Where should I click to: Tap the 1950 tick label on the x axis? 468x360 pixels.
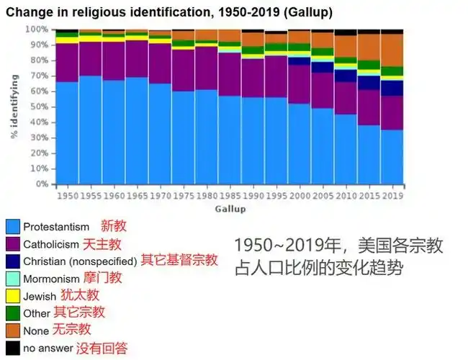click(x=66, y=195)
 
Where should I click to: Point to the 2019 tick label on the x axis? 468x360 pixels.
click(x=392, y=195)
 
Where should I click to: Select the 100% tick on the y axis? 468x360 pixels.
click(x=37, y=30)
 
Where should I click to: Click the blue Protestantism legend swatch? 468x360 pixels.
click(x=12, y=226)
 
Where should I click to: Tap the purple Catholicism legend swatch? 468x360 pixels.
click(x=12, y=243)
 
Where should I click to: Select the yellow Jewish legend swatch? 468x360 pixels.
click(x=12, y=296)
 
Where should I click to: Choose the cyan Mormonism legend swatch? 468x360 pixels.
click(x=12, y=279)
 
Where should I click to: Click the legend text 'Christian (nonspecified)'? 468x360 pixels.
click(x=80, y=261)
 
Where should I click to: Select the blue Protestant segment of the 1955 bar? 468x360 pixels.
click(x=90, y=130)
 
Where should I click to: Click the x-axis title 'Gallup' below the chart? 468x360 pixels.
click(x=230, y=209)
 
